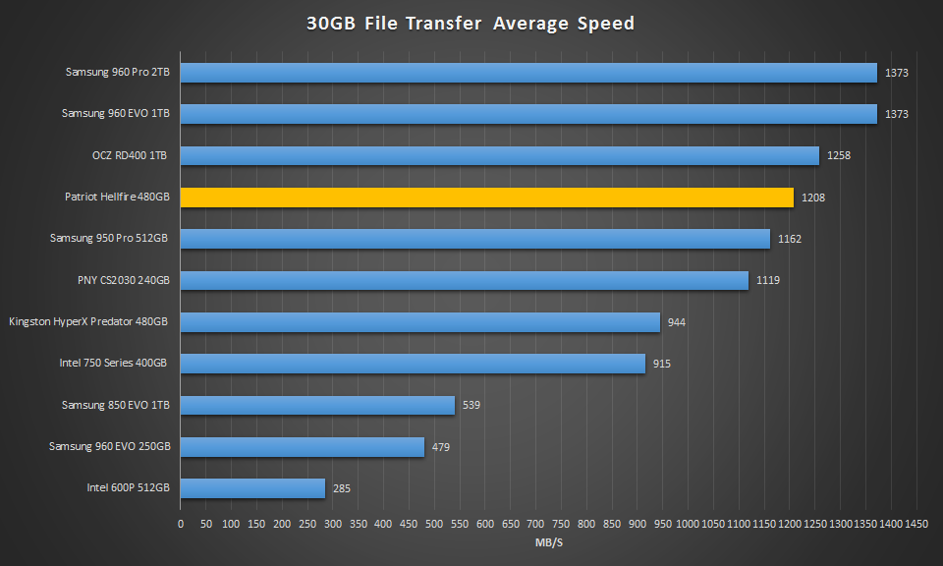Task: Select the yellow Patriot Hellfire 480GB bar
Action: coord(486,198)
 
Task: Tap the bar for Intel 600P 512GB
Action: coord(252,488)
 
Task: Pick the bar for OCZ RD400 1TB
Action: coord(499,155)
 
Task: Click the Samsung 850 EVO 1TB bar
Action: coord(317,405)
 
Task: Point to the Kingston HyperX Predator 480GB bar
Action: coord(419,322)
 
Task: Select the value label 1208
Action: coord(812,198)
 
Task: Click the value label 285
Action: coord(341,488)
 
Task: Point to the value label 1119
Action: coord(767,281)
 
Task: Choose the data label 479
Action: coord(441,447)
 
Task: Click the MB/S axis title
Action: coord(549,541)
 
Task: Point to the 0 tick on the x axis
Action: coord(181,524)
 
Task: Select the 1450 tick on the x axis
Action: coord(916,524)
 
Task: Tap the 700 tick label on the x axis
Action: coord(536,524)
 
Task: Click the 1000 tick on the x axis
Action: coord(688,524)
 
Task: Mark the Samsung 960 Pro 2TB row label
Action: coord(118,72)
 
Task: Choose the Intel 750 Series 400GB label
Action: coord(113,364)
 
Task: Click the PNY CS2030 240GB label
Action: coord(124,281)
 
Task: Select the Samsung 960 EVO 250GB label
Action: coord(110,447)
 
